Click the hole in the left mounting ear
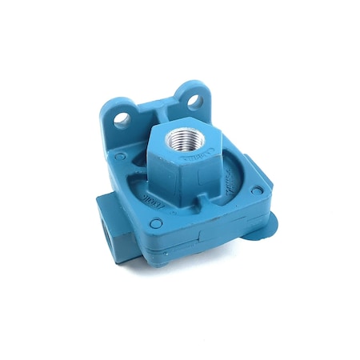click(122, 121)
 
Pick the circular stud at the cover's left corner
click(119, 157)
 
